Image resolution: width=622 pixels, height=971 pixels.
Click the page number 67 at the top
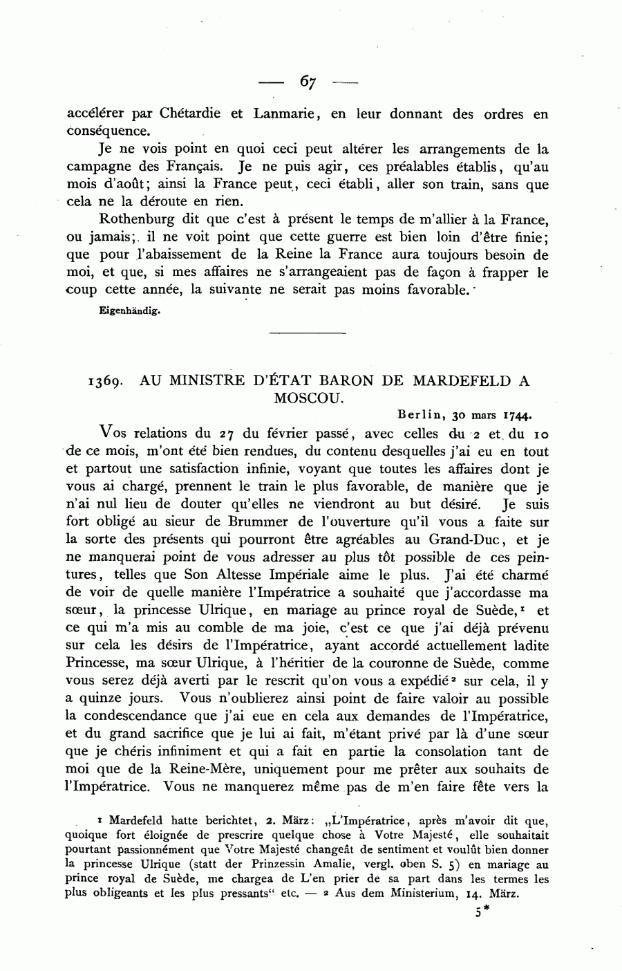point(308,82)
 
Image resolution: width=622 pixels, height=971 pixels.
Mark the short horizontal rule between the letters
point(307,334)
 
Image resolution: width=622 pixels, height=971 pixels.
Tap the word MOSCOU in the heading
point(308,398)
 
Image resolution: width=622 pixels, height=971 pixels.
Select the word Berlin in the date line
point(422,416)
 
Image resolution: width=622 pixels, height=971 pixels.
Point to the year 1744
point(516,416)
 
